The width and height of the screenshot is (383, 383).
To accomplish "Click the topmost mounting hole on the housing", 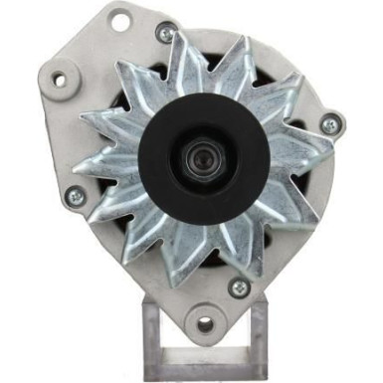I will point(120,18).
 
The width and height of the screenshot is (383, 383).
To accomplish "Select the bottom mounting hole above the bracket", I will point(205,323).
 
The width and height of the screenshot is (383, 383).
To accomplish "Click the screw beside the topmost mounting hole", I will point(166,34).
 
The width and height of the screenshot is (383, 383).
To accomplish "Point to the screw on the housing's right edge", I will point(328,125).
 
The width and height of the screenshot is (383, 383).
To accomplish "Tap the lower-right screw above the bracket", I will point(239,288).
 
